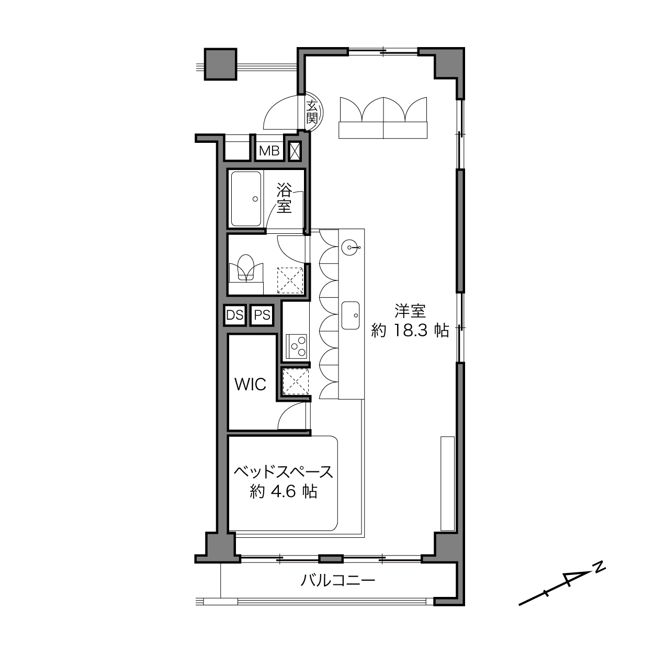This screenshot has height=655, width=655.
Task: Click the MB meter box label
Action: pyautogui.click(x=269, y=151)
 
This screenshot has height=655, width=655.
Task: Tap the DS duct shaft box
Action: pyautogui.click(x=235, y=315)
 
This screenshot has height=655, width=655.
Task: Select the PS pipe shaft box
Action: pyautogui.click(x=262, y=315)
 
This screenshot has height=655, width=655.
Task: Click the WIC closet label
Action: pyautogui.click(x=250, y=385)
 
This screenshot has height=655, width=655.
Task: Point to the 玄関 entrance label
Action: pyautogui.click(x=312, y=112)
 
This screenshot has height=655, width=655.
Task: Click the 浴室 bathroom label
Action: pyautogui.click(x=284, y=198)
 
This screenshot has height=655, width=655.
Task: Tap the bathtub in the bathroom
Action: pyautogui.click(x=246, y=199)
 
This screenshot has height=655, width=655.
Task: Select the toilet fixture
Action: pyautogui.click(x=246, y=269)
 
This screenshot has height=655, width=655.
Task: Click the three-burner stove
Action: pyautogui.click(x=297, y=346)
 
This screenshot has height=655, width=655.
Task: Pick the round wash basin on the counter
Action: pyautogui.click(x=350, y=246)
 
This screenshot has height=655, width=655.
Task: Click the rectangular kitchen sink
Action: pyautogui.click(x=351, y=315)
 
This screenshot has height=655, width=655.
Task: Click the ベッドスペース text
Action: pyautogui.click(x=284, y=472)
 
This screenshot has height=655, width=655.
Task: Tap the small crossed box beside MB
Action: pyautogui.click(x=295, y=151)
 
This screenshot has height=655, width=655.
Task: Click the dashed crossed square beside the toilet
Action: pyautogui.click(x=290, y=280)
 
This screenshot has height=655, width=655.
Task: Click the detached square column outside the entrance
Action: pyautogui.click(x=220, y=64)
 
